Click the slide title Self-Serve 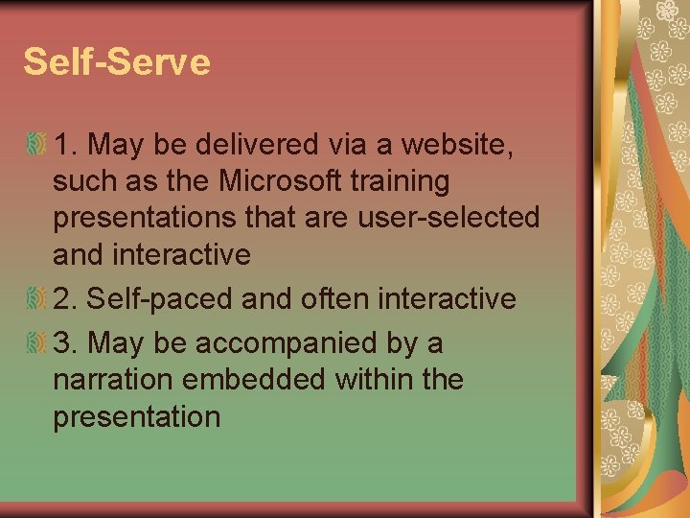[117, 62]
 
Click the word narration [115, 380]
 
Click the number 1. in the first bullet [66, 144]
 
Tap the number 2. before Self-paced [66, 298]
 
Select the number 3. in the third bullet [66, 342]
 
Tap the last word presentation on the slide [136, 417]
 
